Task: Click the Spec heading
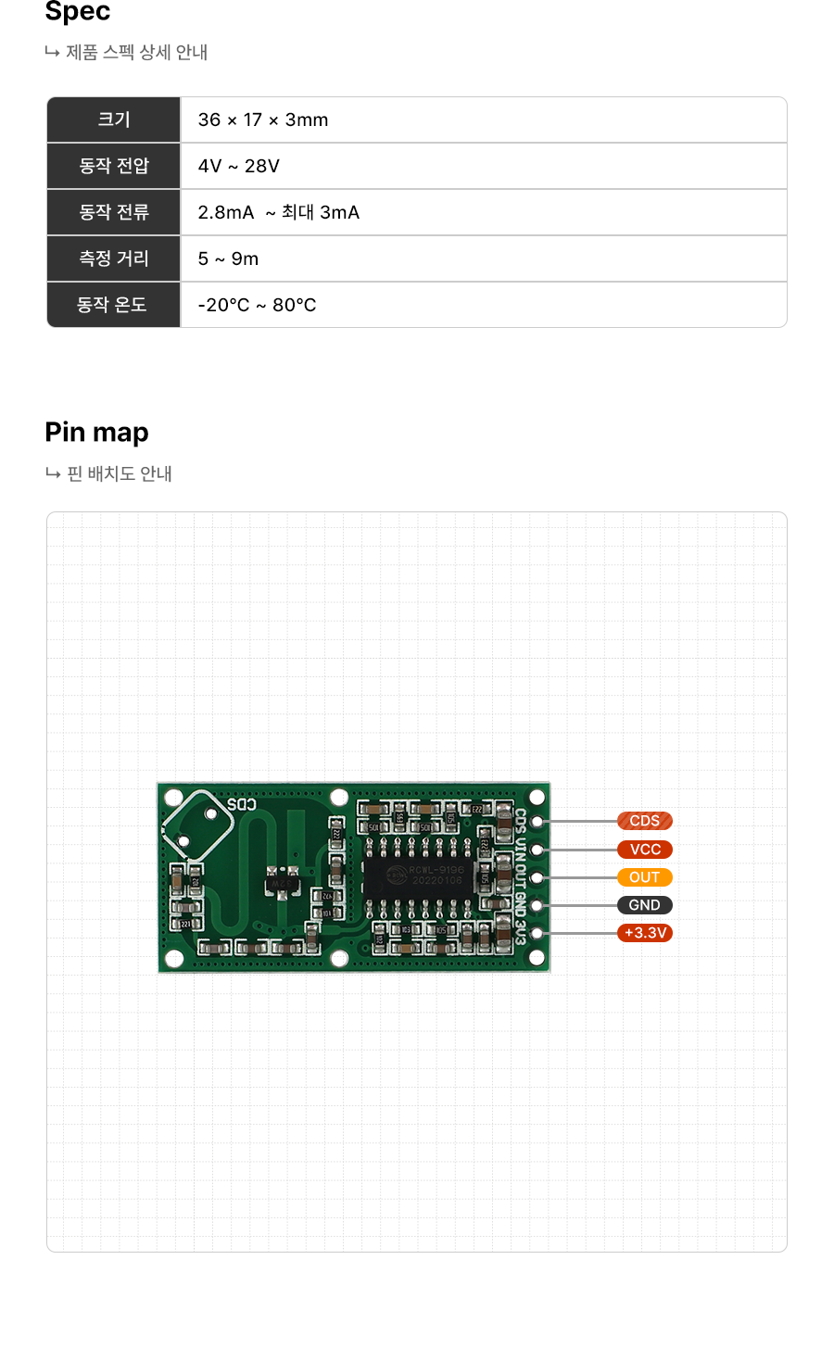78,12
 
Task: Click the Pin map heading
96,433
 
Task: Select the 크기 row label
114,120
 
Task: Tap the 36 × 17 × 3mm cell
263,120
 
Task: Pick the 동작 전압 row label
114,166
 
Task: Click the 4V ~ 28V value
238,166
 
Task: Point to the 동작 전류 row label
114,212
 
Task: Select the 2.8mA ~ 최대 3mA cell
278,212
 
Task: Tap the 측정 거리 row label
114,258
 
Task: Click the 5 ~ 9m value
228,258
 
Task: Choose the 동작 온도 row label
112,305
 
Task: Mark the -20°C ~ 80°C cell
257,305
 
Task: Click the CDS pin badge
645,821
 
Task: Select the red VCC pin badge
645,850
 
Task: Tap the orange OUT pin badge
645,877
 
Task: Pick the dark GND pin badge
645,905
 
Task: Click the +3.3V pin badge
645,933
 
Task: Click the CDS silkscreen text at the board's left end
242,804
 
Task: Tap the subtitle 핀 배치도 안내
120,473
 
